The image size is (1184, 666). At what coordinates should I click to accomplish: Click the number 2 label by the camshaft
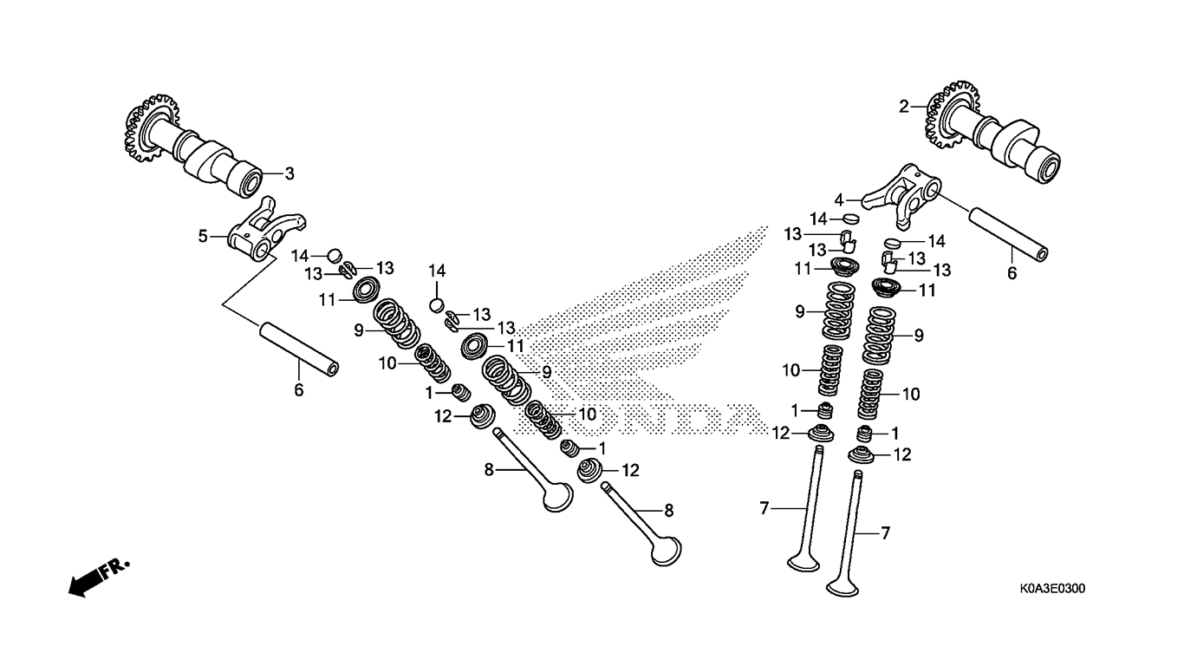click(x=903, y=108)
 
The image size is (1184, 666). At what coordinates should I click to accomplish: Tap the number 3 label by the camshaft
click(x=289, y=173)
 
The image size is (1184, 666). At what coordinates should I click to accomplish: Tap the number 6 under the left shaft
click(x=299, y=390)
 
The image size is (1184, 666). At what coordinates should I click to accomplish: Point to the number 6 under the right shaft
click(x=1010, y=272)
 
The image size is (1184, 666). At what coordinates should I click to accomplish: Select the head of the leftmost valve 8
click(x=556, y=498)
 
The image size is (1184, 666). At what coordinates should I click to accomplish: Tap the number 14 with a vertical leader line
click(x=436, y=272)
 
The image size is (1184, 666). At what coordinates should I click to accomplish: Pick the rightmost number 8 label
click(x=668, y=511)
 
